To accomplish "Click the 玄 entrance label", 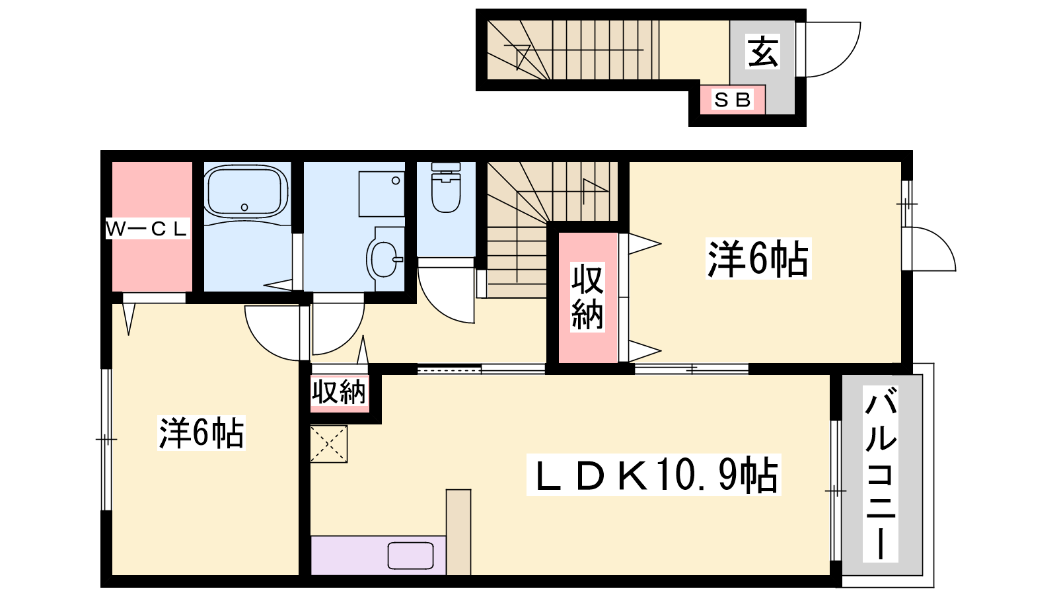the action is [x=762, y=52].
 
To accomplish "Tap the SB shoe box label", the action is [x=733, y=100].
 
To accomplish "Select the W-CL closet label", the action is [x=147, y=229].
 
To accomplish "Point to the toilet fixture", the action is [x=446, y=187].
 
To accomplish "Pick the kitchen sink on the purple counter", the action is [x=410, y=556].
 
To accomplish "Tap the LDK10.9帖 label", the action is [x=653, y=475].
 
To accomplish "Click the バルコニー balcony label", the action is [x=881, y=473].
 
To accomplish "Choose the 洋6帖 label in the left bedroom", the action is [x=201, y=432].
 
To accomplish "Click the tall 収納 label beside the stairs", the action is [x=587, y=297].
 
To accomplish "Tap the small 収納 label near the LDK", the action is [x=339, y=391].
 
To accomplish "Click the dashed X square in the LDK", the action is [x=328, y=444].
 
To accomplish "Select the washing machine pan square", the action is [x=381, y=194].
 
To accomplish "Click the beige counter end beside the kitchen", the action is [x=458, y=532].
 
